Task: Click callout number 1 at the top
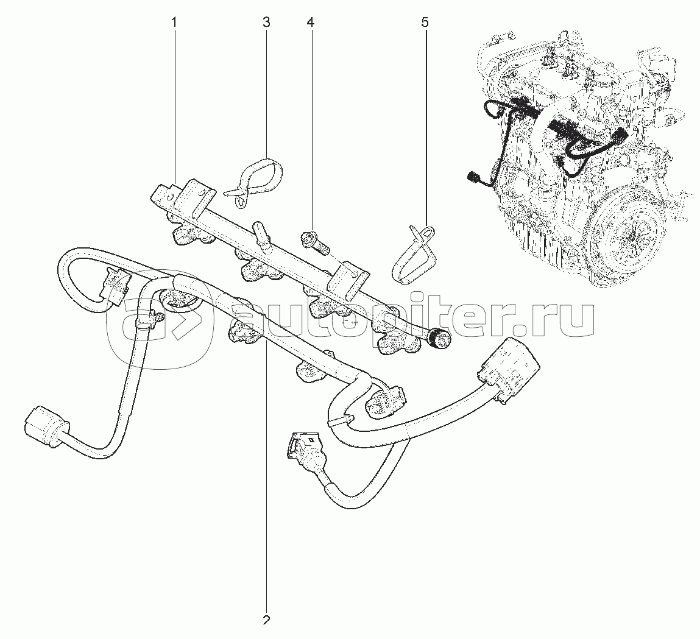[x=175, y=22]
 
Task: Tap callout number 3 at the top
[x=266, y=22]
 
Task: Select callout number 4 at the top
[x=310, y=22]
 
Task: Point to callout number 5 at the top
[x=425, y=22]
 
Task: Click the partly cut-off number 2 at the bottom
[x=266, y=620]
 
